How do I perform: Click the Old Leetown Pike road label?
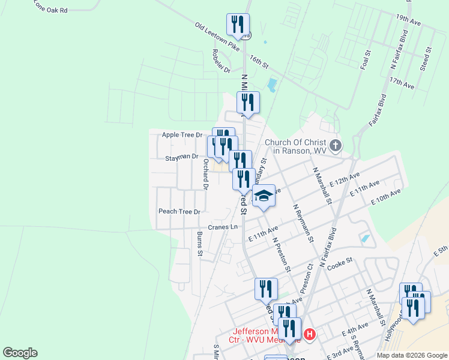[217, 37]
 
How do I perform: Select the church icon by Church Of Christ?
[336, 145]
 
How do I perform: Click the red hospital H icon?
[309, 334]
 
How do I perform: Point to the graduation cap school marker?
[264, 196]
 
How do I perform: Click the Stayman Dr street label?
[182, 157]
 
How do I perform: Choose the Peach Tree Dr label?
[179, 211]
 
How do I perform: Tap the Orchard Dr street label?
[205, 174]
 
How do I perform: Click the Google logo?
[20, 353]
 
